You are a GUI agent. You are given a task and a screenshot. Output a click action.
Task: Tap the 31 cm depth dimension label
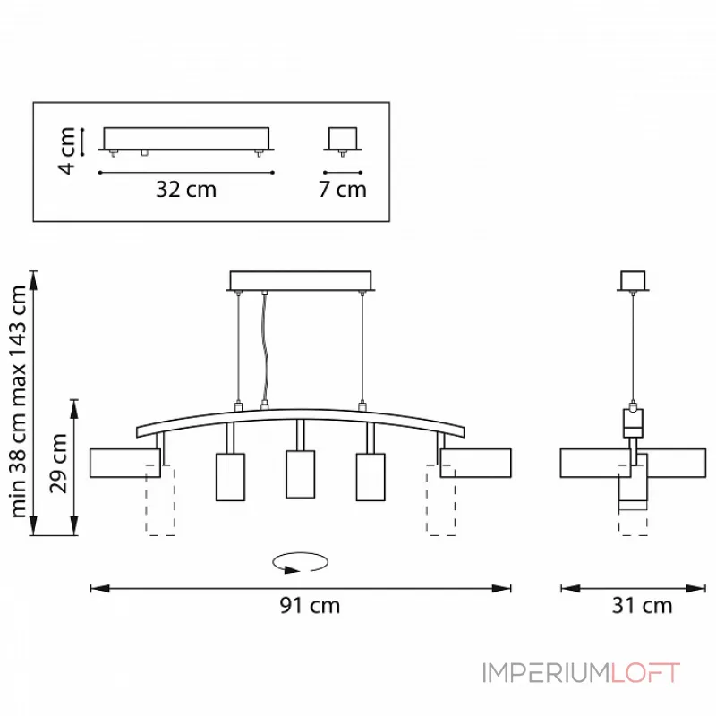coord(643,606)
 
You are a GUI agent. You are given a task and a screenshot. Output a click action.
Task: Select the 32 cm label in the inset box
coord(186,190)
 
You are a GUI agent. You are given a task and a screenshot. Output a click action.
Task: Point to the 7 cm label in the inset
coord(343,190)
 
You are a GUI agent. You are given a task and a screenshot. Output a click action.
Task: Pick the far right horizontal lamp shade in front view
coord(475,464)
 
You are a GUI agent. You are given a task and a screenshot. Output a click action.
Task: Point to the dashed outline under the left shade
coord(160,506)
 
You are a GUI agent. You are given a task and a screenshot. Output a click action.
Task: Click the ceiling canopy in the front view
coord(301,280)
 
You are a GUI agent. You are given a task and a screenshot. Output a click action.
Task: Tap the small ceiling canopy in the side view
coord(634,281)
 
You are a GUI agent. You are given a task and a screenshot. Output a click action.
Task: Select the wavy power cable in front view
coord(264,349)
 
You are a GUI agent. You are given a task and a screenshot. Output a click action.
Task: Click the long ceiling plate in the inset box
coord(186,138)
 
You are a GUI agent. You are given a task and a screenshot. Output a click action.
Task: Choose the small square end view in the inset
coord(342,137)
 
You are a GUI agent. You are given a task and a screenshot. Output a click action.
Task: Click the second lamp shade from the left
coord(230,476)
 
